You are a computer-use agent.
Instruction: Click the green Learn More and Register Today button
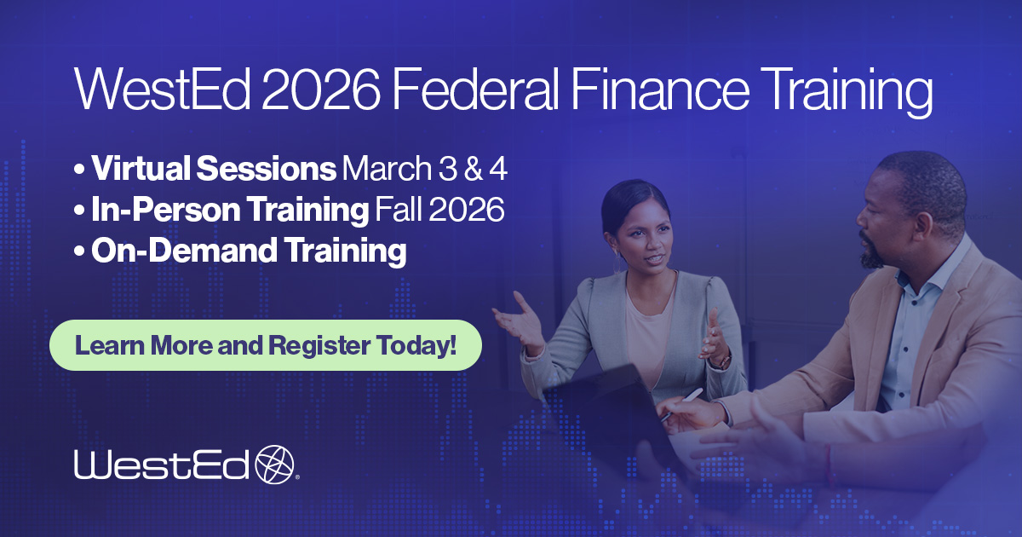coord(266,345)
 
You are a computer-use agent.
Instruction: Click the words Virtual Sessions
coord(214,169)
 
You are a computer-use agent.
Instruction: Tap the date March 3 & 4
coord(424,169)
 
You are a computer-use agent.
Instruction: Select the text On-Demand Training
coord(249,251)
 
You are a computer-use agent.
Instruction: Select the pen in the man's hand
coord(680,404)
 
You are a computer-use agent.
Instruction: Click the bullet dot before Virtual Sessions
coord(79,170)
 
